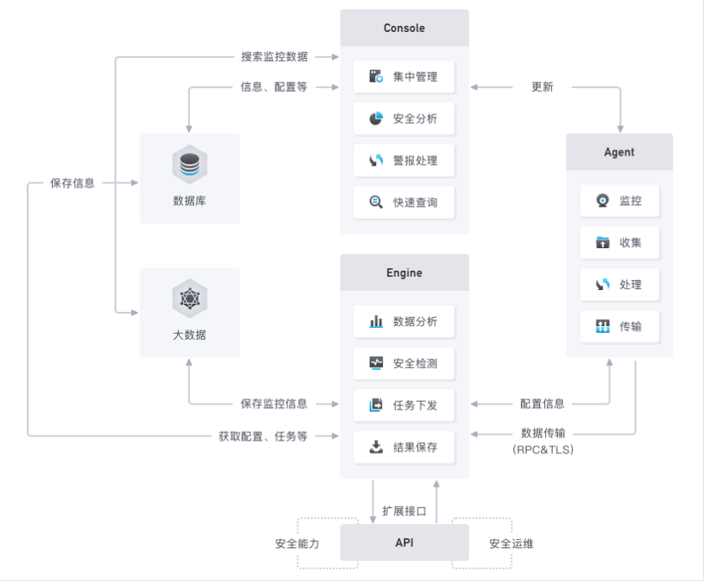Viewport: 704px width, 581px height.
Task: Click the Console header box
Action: point(404,28)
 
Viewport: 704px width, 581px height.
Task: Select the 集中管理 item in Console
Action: point(404,77)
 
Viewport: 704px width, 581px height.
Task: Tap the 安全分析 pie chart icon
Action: point(376,119)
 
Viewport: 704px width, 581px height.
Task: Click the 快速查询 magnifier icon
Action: point(376,202)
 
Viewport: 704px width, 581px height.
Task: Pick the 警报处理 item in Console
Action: point(404,161)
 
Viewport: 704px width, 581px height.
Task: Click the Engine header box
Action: point(404,272)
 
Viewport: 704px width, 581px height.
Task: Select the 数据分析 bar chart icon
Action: point(376,321)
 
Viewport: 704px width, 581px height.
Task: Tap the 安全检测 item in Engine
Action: point(404,363)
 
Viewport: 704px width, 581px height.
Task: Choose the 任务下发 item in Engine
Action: point(404,405)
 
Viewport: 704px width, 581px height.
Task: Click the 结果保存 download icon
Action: point(376,447)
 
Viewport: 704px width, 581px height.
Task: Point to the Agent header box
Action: point(619,152)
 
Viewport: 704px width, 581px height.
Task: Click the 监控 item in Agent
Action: point(620,200)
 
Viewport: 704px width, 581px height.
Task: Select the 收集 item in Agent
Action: point(620,243)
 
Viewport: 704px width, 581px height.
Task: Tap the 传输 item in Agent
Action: point(620,327)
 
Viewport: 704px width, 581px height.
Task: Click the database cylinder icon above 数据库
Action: point(190,165)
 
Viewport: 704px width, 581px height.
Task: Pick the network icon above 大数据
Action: point(190,298)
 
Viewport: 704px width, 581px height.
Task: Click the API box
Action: point(404,542)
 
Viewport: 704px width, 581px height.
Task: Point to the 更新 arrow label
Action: point(542,87)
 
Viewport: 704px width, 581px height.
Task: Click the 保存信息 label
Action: point(72,183)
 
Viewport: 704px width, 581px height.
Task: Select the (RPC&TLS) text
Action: point(543,449)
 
